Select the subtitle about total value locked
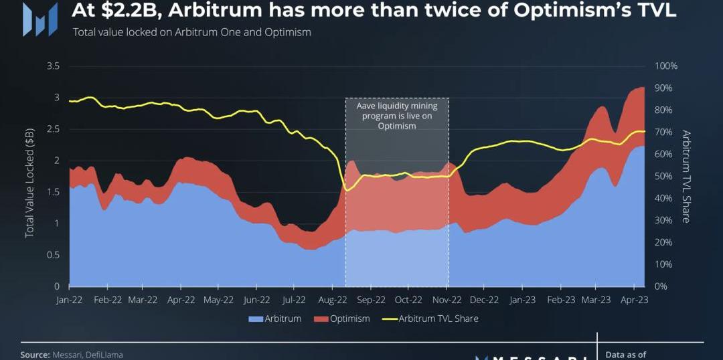[191, 31]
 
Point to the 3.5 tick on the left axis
[54, 66]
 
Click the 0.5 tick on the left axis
[54, 255]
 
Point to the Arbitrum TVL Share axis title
[686, 176]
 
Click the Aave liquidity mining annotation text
[396, 116]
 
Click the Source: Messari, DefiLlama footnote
[72, 355]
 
